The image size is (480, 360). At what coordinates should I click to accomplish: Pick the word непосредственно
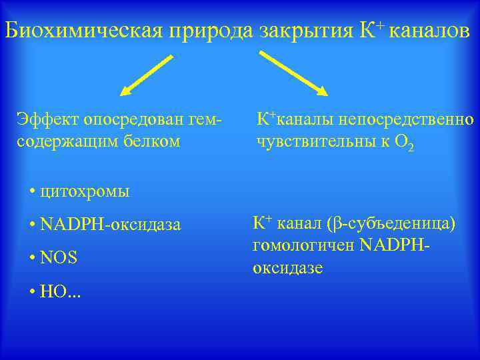(x=407, y=120)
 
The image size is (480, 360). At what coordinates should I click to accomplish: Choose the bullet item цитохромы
(x=84, y=192)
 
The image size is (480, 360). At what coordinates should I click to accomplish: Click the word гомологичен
(x=303, y=245)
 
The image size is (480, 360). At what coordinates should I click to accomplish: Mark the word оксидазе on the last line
(x=287, y=268)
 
